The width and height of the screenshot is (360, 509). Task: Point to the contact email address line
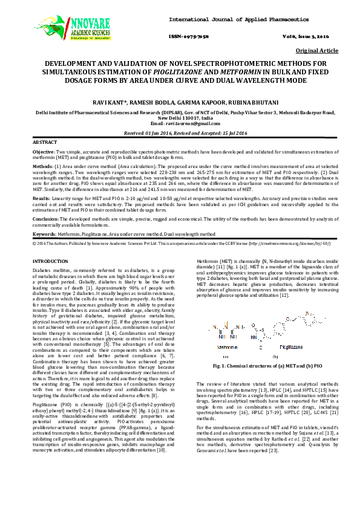pos(180,123)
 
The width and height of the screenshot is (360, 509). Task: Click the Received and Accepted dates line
pos(180,132)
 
